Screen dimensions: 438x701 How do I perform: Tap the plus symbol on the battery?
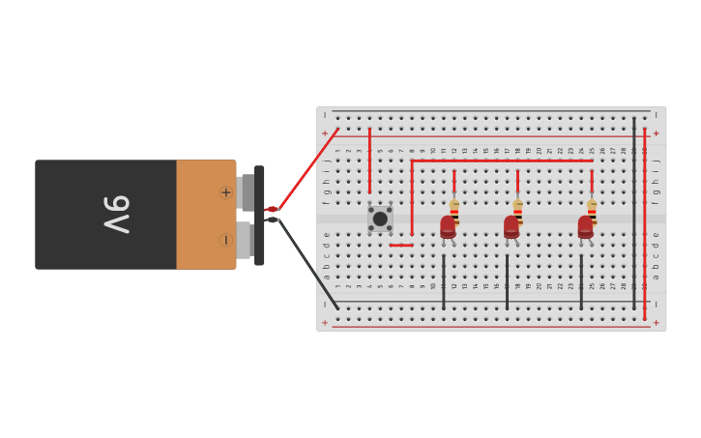pyautogui.click(x=226, y=192)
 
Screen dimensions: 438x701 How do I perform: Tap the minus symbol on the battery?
pyautogui.click(x=226, y=240)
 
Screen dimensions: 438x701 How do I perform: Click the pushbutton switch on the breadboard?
pyautogui.click(x=380, y=219)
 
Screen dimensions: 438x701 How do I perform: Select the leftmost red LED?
pyautogui.click(x=448, y=227)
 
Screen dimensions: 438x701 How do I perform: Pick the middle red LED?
pyautogui.click(x=511, y=227)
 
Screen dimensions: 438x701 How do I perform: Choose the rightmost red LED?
pyautogui.click(x=585, y=227)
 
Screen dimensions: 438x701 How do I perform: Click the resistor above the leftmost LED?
pyautogui.click(x=453, y=210)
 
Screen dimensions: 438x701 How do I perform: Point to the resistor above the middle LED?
pyautogui.click(x=517, y=210)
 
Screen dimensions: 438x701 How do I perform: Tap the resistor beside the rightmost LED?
pyautogui.click(x=592, y=210)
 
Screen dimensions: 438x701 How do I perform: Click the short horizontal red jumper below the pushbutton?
pyautogui.click(x=401, y=245)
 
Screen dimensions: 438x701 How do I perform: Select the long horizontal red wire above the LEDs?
pyautogui.click(x=503, y=161)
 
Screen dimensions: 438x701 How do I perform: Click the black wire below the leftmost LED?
pyautogui.click(x=444, y=282)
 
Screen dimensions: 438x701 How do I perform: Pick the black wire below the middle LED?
pyautogui.click(x=507, y=282)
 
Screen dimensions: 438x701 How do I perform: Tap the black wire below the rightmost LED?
pyautogui.click(x=581, y=282)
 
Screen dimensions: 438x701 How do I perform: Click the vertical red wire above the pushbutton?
pyautogui.click(x=369, y=160)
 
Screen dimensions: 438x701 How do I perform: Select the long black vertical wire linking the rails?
pyautogui.click(x=634, y=213)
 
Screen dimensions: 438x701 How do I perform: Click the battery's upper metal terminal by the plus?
pyautogui.click(x=248, y=192)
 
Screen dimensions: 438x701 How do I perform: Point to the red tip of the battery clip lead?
pyautogui.click(x=272, y=209)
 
